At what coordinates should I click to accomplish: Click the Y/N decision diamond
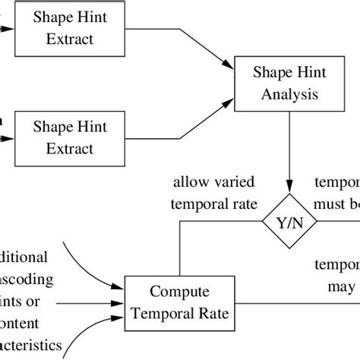pyautogui.click(x=288, y=223)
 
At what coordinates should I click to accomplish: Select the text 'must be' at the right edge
pyautogui.click(x=337, y=204)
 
